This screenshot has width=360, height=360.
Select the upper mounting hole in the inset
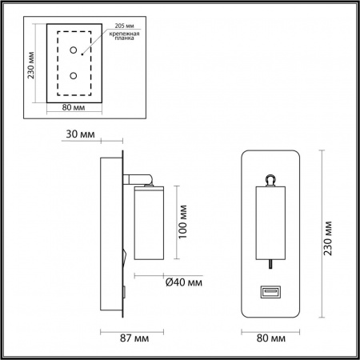74,52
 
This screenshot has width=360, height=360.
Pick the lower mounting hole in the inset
74,76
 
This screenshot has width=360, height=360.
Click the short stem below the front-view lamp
272,265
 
